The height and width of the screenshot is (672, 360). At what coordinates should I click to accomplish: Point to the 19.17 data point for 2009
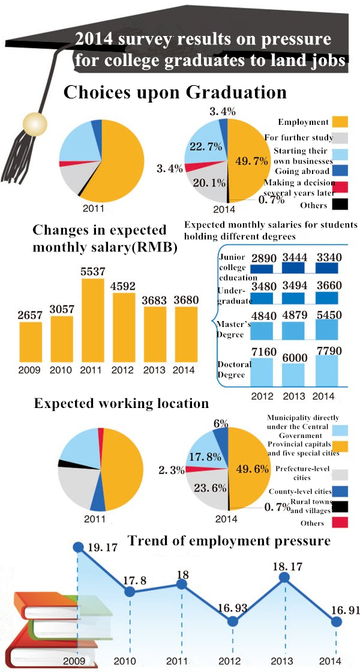[x=78, y=547]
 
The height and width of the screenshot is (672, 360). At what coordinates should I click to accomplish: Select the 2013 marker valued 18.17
[x=285, y=578]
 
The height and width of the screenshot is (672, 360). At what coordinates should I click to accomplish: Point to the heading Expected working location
[x=121, y=403]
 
